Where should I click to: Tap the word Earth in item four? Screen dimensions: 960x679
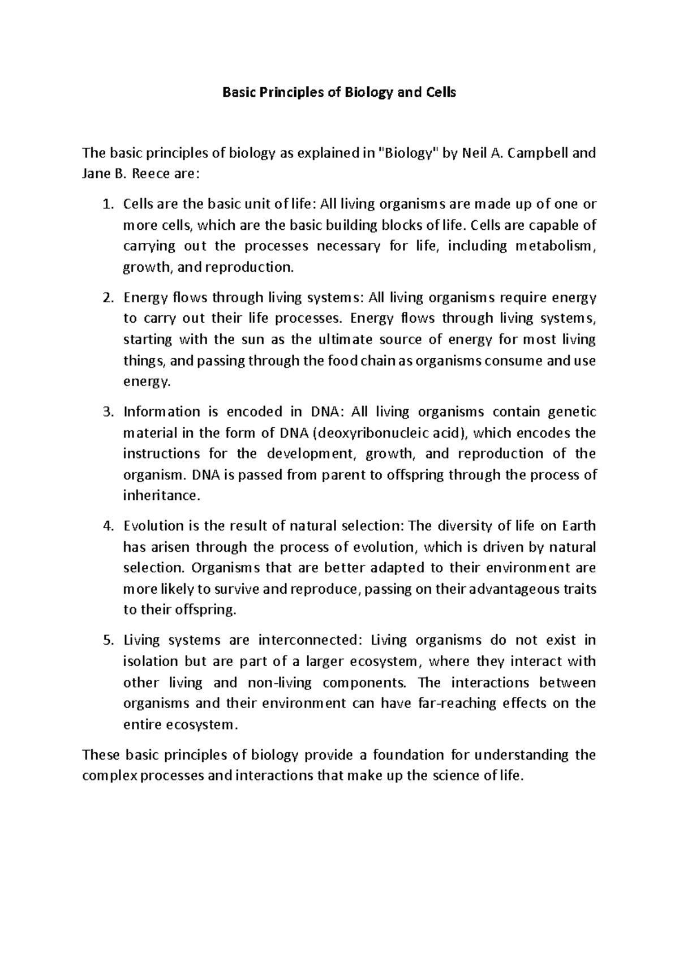[x=578, y=526]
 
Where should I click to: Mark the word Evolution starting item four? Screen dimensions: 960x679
[x=151, y=526]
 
